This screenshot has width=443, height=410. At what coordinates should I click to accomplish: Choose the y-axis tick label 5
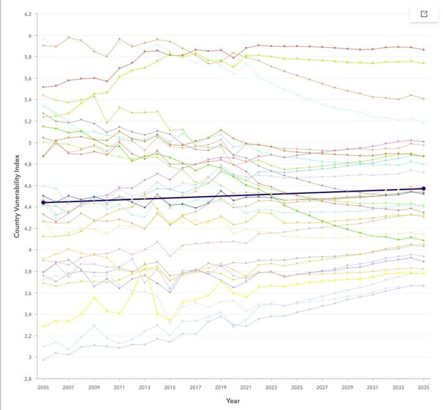pos(30,143)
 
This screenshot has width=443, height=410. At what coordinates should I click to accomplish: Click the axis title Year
pos(233,401)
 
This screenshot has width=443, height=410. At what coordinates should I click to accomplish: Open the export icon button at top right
pos(424,14)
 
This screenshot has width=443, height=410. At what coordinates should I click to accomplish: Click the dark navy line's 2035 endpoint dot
pos(424,188)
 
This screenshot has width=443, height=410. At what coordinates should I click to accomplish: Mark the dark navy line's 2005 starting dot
pos(44,202)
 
